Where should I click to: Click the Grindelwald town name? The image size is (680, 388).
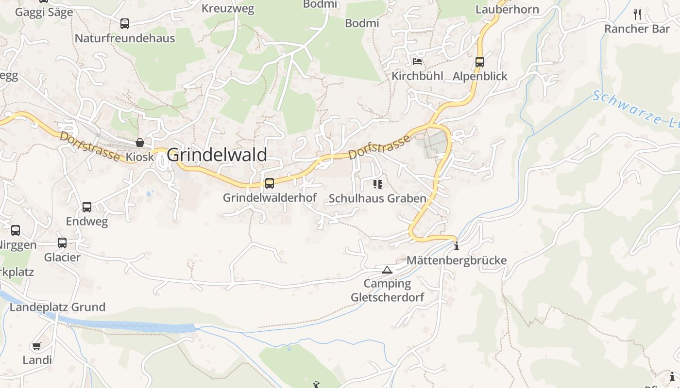coord(217,155)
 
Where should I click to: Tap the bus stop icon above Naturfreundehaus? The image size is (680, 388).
coord(125,24)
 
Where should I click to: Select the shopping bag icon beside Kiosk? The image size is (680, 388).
coord(140,143)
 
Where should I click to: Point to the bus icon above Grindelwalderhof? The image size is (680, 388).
coord(270,183)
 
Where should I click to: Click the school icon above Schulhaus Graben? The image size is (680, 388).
coord(377,184)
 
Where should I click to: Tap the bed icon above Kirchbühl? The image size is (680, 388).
coord(417,62)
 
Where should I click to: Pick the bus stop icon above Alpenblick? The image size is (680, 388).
coord(480,62)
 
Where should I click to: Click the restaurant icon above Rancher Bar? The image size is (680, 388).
coord(637,15)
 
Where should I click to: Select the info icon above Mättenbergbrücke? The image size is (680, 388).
coord(457,246)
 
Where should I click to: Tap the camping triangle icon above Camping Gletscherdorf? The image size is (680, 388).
coord(387,270)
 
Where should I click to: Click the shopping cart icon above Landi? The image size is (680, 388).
coord(37,346)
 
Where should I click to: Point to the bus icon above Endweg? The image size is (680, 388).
coord(87,207)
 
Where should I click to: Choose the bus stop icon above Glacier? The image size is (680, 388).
coord(62,243)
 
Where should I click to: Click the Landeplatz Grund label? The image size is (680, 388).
coord(57,307)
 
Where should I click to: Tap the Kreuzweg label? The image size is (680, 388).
coord(228,9)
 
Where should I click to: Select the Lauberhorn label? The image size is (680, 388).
coord(507,9)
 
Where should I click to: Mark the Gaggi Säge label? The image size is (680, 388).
coord(44,12)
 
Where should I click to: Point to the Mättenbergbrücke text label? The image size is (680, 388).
coord(457,260)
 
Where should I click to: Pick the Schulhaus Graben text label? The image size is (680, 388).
coord(377,198)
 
